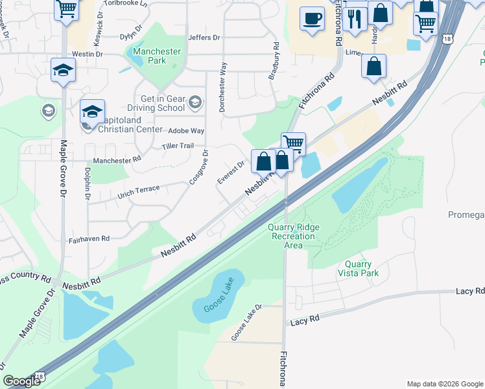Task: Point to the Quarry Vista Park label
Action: (358, 268)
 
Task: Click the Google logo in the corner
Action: (21, 381)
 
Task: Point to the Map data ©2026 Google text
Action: (444, 384)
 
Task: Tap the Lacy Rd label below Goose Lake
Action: (305, 320)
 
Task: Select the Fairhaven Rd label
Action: (89, 239)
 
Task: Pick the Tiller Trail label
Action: (178, 146)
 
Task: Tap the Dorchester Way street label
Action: (223, 87)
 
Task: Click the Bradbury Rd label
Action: (275, 61)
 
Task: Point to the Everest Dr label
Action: (230, 173)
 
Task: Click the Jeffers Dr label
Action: (200, 38)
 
